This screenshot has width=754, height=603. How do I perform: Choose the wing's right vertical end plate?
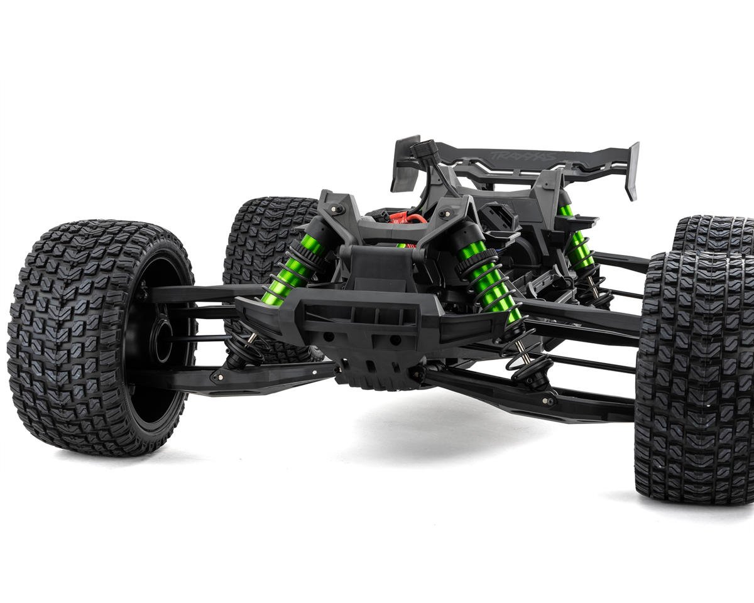631,170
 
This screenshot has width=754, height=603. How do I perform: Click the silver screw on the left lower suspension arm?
219,378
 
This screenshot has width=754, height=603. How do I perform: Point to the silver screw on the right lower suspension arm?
551,400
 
